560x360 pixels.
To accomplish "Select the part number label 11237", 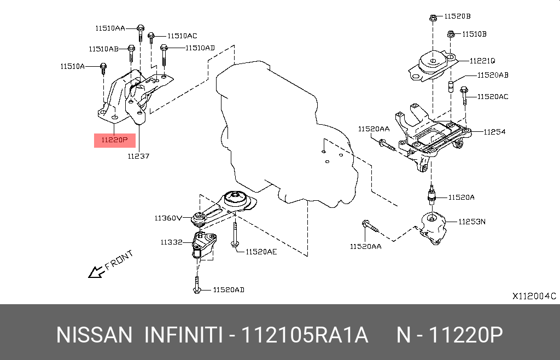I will (138, 156).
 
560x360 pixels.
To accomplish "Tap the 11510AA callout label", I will (110, 27).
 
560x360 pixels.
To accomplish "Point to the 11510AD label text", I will (200, 48).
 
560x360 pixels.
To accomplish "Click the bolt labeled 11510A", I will (103, 68).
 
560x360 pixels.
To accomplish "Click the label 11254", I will (494, 132).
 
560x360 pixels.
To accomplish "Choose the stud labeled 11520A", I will (432, 196).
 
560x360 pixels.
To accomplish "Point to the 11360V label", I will (169, 218).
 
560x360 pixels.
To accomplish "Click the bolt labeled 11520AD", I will (197, 287).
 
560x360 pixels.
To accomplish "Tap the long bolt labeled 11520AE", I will (234, 235).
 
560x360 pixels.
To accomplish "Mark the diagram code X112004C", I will (534, 296).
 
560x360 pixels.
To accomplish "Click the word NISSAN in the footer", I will (94, 335).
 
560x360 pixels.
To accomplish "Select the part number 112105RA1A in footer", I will (305, 335).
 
